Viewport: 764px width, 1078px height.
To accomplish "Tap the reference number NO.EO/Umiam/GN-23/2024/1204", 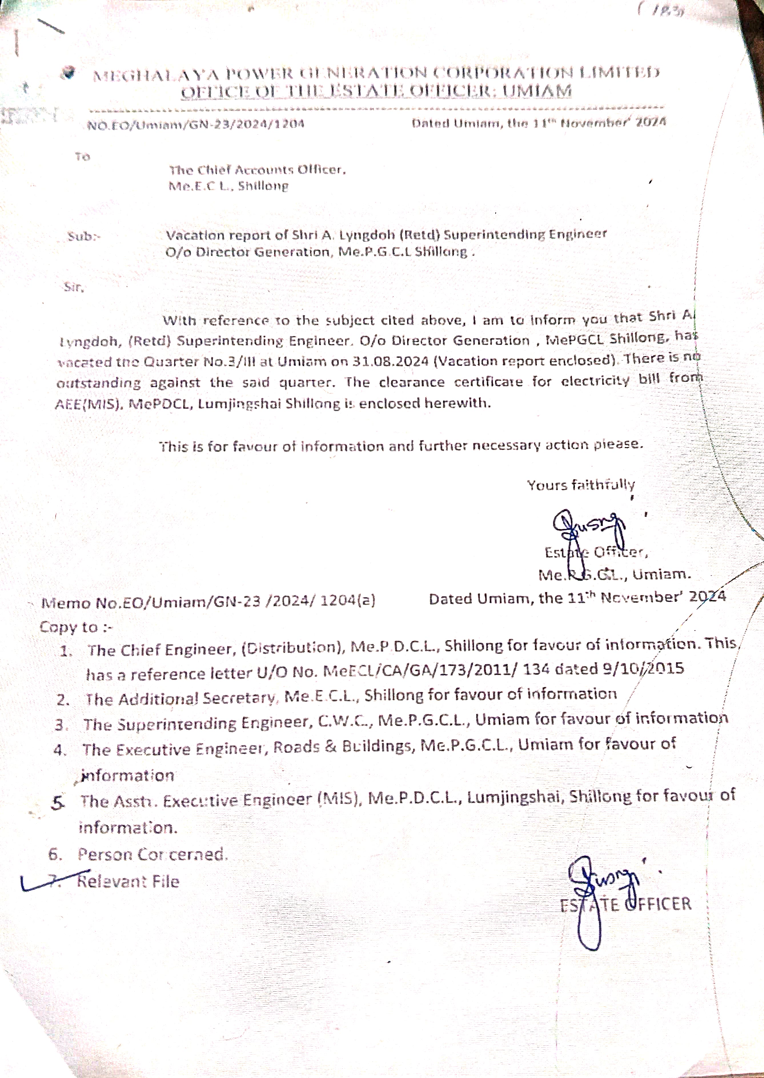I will (x=196, y=124).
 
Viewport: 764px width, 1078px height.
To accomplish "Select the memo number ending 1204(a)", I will (x=208, y=602).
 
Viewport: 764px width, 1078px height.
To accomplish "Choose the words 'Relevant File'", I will (x=128, y=881).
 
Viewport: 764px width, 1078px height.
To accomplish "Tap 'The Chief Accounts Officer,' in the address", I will (x=257, y=170).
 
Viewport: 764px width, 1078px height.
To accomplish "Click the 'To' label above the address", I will (x=82, y=156).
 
